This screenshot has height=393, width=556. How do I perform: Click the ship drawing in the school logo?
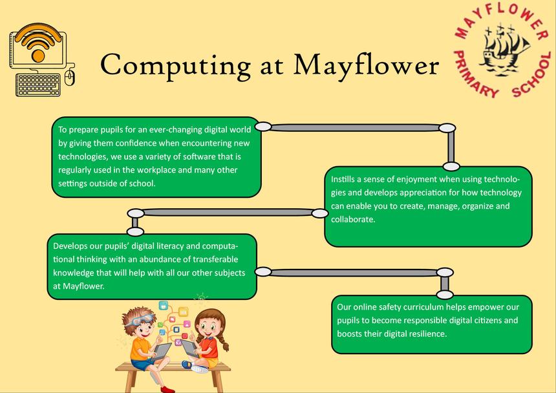point(504,50)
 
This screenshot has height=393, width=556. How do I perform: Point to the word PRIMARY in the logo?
point(475,75)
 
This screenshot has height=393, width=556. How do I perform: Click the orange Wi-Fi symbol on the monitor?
point(37,43)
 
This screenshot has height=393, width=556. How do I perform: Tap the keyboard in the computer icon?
point(38,85)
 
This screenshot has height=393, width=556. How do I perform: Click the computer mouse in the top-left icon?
point(70,78)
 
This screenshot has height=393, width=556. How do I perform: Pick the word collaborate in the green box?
point(353,219)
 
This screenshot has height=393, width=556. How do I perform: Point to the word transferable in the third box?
point(215,259)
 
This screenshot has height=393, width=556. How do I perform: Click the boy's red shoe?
point(167,390)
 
